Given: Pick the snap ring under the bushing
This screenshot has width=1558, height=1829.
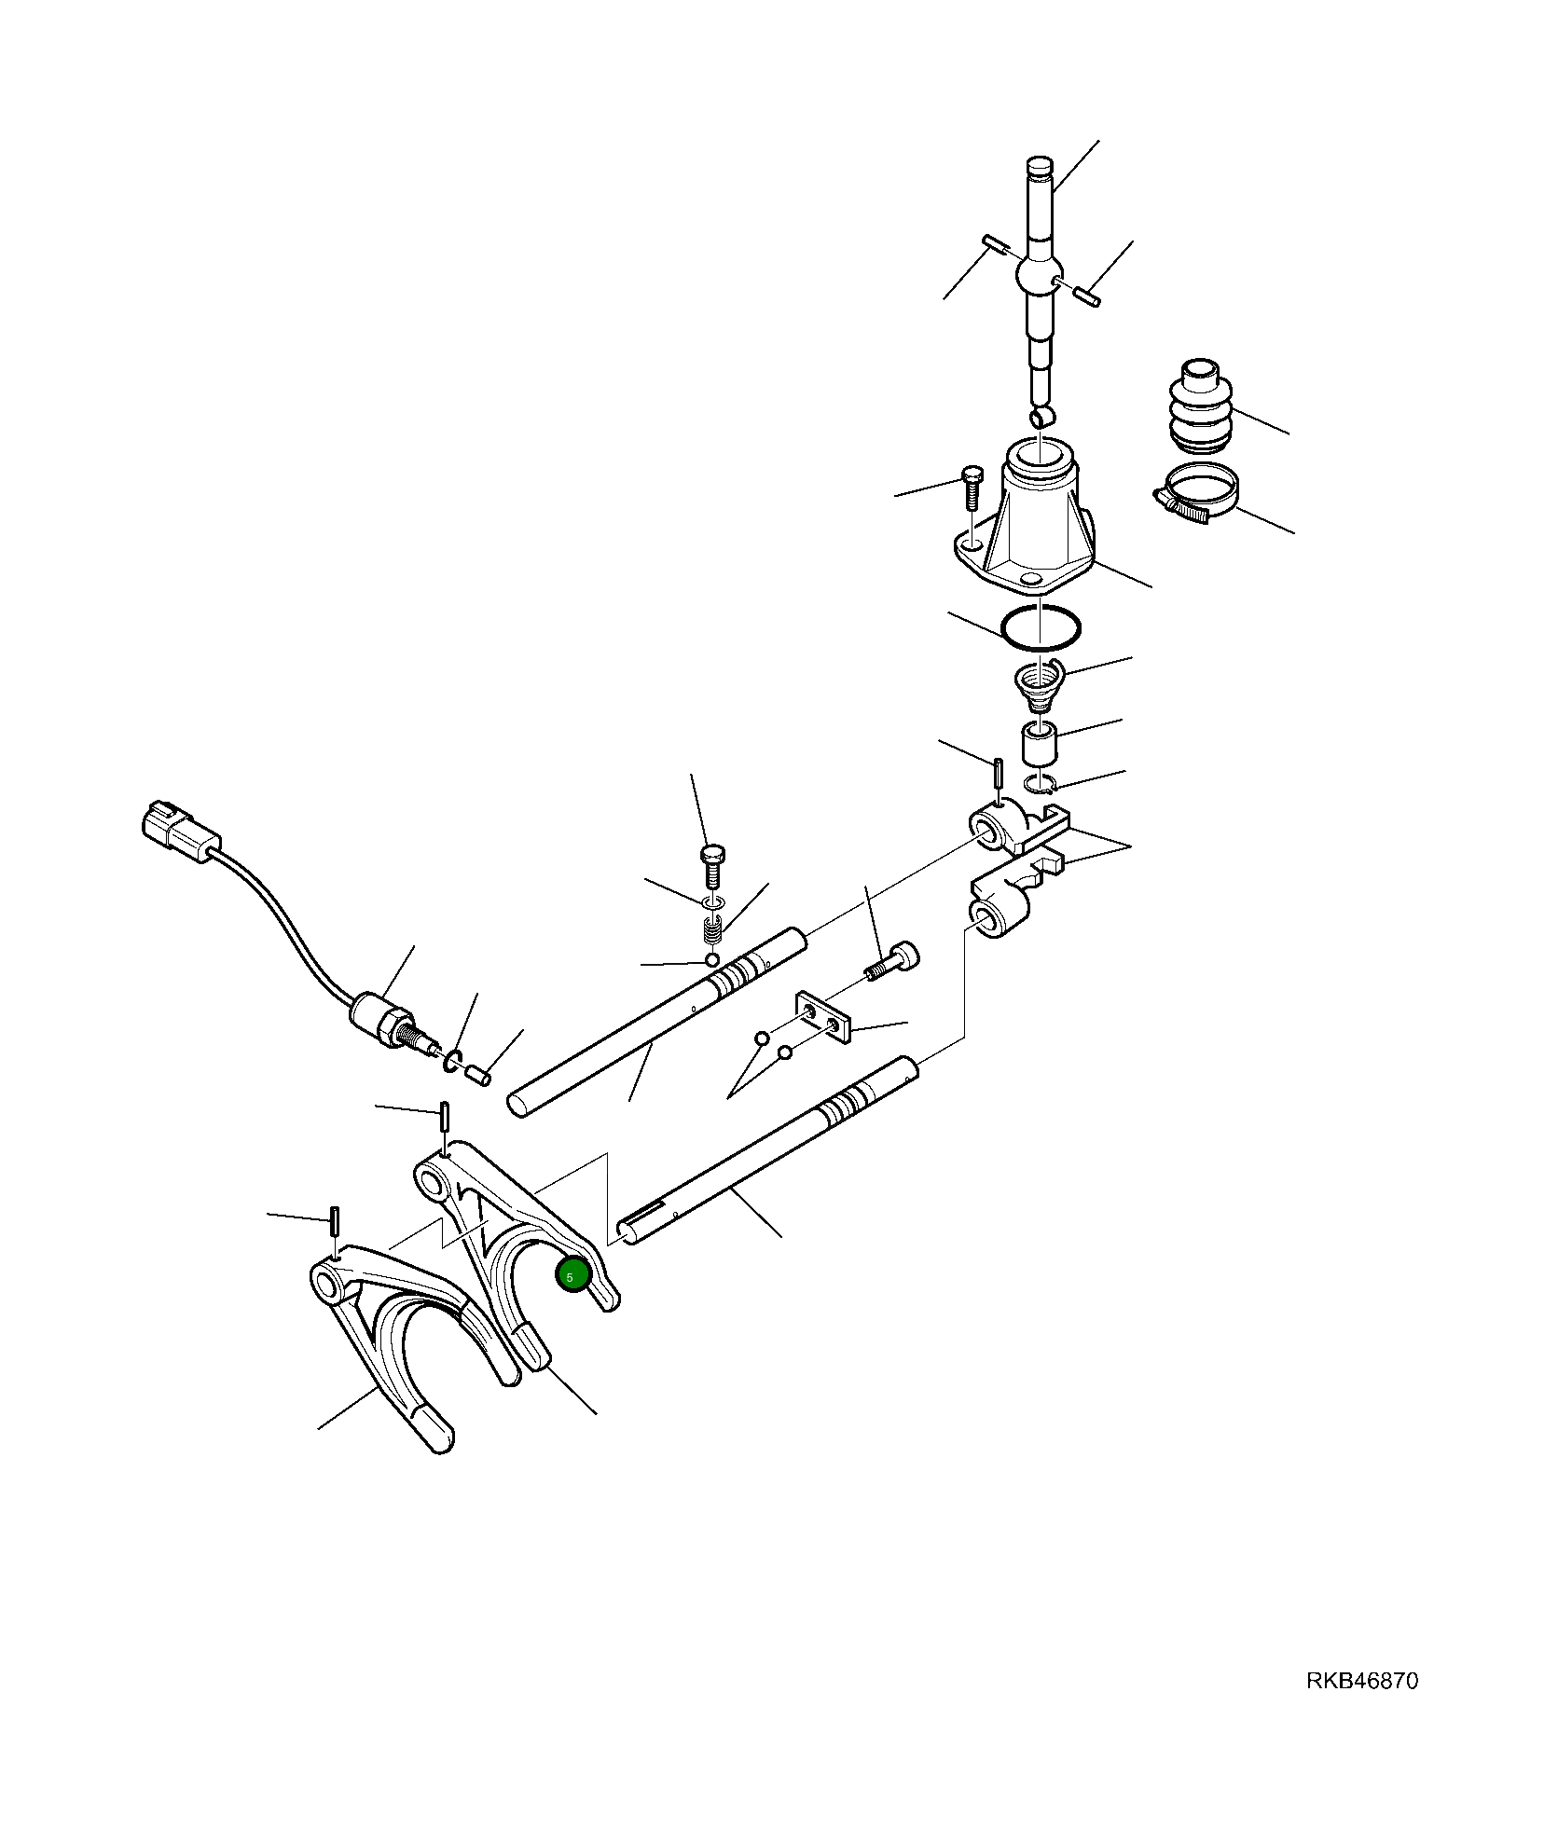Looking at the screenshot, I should click(x=1041, y=784).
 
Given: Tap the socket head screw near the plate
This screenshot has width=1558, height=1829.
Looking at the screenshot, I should click(x=895, y=962).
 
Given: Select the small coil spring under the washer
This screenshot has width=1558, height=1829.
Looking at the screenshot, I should click(x=713, y=930).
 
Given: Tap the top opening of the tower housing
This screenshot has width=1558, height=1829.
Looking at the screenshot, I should click(x=1041, y=457).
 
